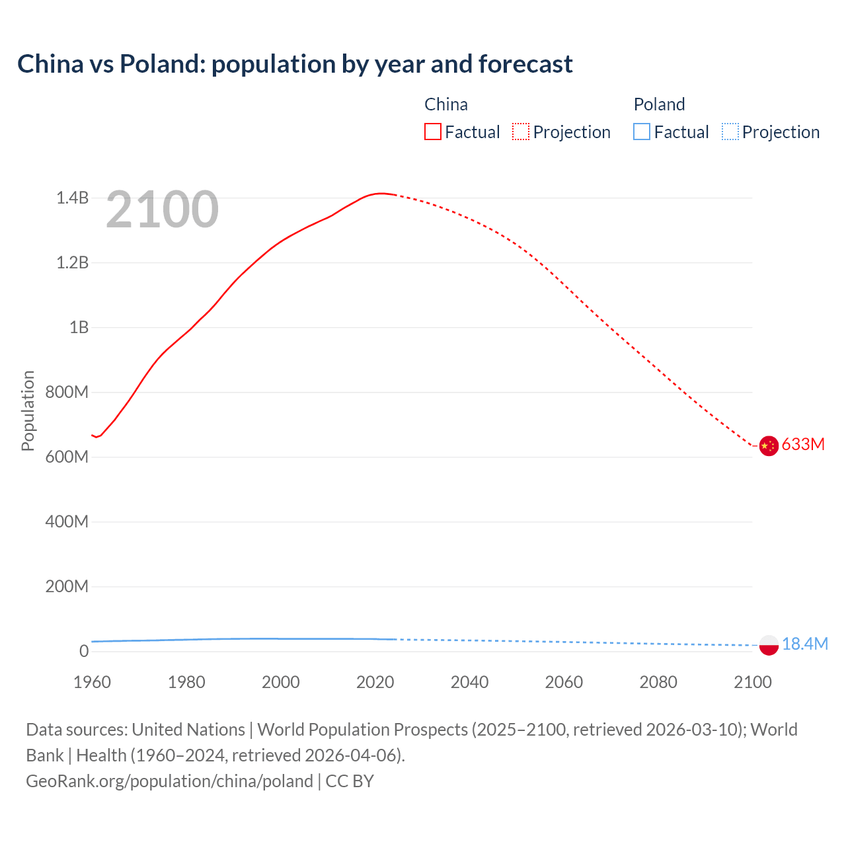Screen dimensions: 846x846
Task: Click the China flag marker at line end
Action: coord(768,446)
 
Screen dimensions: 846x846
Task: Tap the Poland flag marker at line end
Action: coord(768,645)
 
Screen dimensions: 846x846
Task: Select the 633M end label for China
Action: coord(803,444)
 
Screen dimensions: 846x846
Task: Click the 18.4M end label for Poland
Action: coord(804,644)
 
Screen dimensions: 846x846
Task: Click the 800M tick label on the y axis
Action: coord(67,392)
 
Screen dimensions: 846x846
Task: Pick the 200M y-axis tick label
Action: coord(67,586)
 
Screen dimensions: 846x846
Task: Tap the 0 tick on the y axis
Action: coord(84,651)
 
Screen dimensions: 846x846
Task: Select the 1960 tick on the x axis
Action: coord(92,682)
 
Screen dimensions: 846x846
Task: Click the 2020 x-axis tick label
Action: coord(375,682)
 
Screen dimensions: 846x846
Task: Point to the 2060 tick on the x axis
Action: coord(564,682)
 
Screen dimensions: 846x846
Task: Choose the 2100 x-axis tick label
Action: coord(752,682)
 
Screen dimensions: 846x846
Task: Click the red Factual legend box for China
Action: coord(432,132)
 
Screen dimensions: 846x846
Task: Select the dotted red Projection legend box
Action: coord(521,132)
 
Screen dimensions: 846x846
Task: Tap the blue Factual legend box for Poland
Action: coord(642,132)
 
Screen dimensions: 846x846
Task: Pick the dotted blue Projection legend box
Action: coord(730,132)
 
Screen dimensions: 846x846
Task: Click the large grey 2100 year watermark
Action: coord(162,210)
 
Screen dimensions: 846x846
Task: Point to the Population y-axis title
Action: coord(28,410)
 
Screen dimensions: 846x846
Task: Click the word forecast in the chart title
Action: coord(525,64)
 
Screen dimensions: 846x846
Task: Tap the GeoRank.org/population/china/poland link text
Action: coord(169,781)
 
